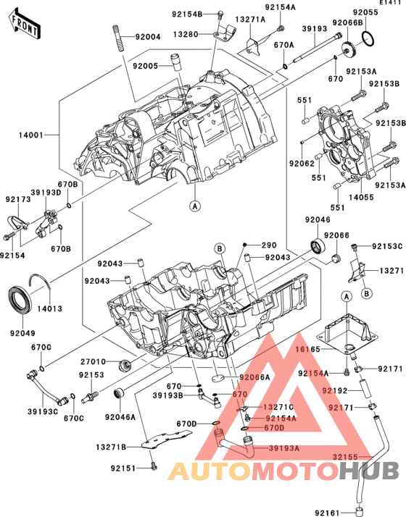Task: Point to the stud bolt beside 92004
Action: (x=117, y=36)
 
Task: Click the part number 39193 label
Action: (x=315, y=29)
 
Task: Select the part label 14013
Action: (x=48, y=308)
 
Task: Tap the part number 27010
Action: (x=93, y=360)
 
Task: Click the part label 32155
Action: (x=347, y=457)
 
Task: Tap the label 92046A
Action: (x=120, y=417)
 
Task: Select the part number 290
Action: (x=269, y=245)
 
